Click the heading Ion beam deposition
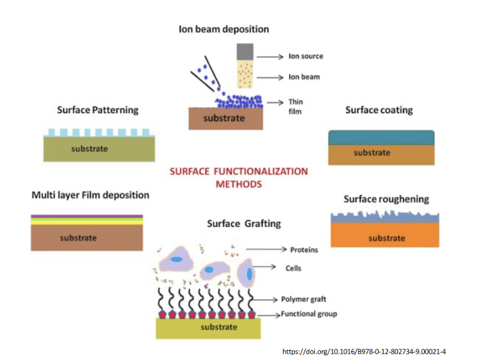223,29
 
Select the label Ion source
306,57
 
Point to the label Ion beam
304,78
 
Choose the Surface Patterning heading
97,110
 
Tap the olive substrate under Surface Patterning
99,149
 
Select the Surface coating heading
379,110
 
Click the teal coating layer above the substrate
381,137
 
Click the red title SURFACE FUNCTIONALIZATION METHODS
239,178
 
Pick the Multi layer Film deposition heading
90,195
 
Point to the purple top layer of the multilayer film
87,216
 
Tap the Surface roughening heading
386,199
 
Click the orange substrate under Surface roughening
386,237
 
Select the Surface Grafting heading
244,223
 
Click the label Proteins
304,250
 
